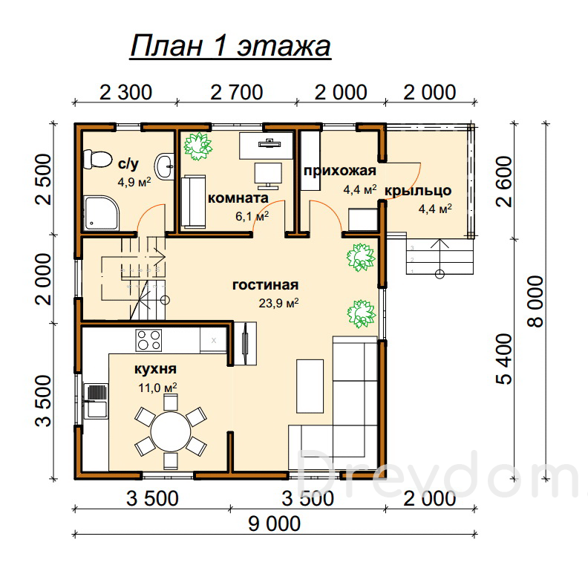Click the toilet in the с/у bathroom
point(97,159)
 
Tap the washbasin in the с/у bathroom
point(165,166)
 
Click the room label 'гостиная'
point(266,284)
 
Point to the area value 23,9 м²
point(278,302)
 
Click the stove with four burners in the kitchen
point(148,340)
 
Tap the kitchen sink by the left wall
point(96,401)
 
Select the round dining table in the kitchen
point(171,431)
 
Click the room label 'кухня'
point(155,369)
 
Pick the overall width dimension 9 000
point(275,523)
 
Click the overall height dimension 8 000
point(535,301)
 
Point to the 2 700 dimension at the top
point(237,92)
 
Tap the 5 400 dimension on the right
point(504,359)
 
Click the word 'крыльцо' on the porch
point(418,191)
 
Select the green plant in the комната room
point(198,146)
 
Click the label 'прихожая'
point(340,171)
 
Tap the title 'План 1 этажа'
point(230,47)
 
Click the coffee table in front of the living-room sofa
point(310,386)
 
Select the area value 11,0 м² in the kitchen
point(157,387)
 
